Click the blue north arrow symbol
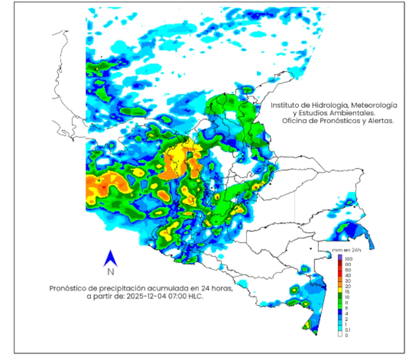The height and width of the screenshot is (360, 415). (110, 258)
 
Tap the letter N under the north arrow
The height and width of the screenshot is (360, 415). (111, 272)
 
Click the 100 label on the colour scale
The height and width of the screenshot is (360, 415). (349, 259)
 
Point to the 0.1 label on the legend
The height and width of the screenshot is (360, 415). (348, 330)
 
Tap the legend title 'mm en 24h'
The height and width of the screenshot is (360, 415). (346, 250)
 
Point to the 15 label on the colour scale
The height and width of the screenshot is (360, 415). (347, 292)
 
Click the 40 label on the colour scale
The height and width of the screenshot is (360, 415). (348, 275)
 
